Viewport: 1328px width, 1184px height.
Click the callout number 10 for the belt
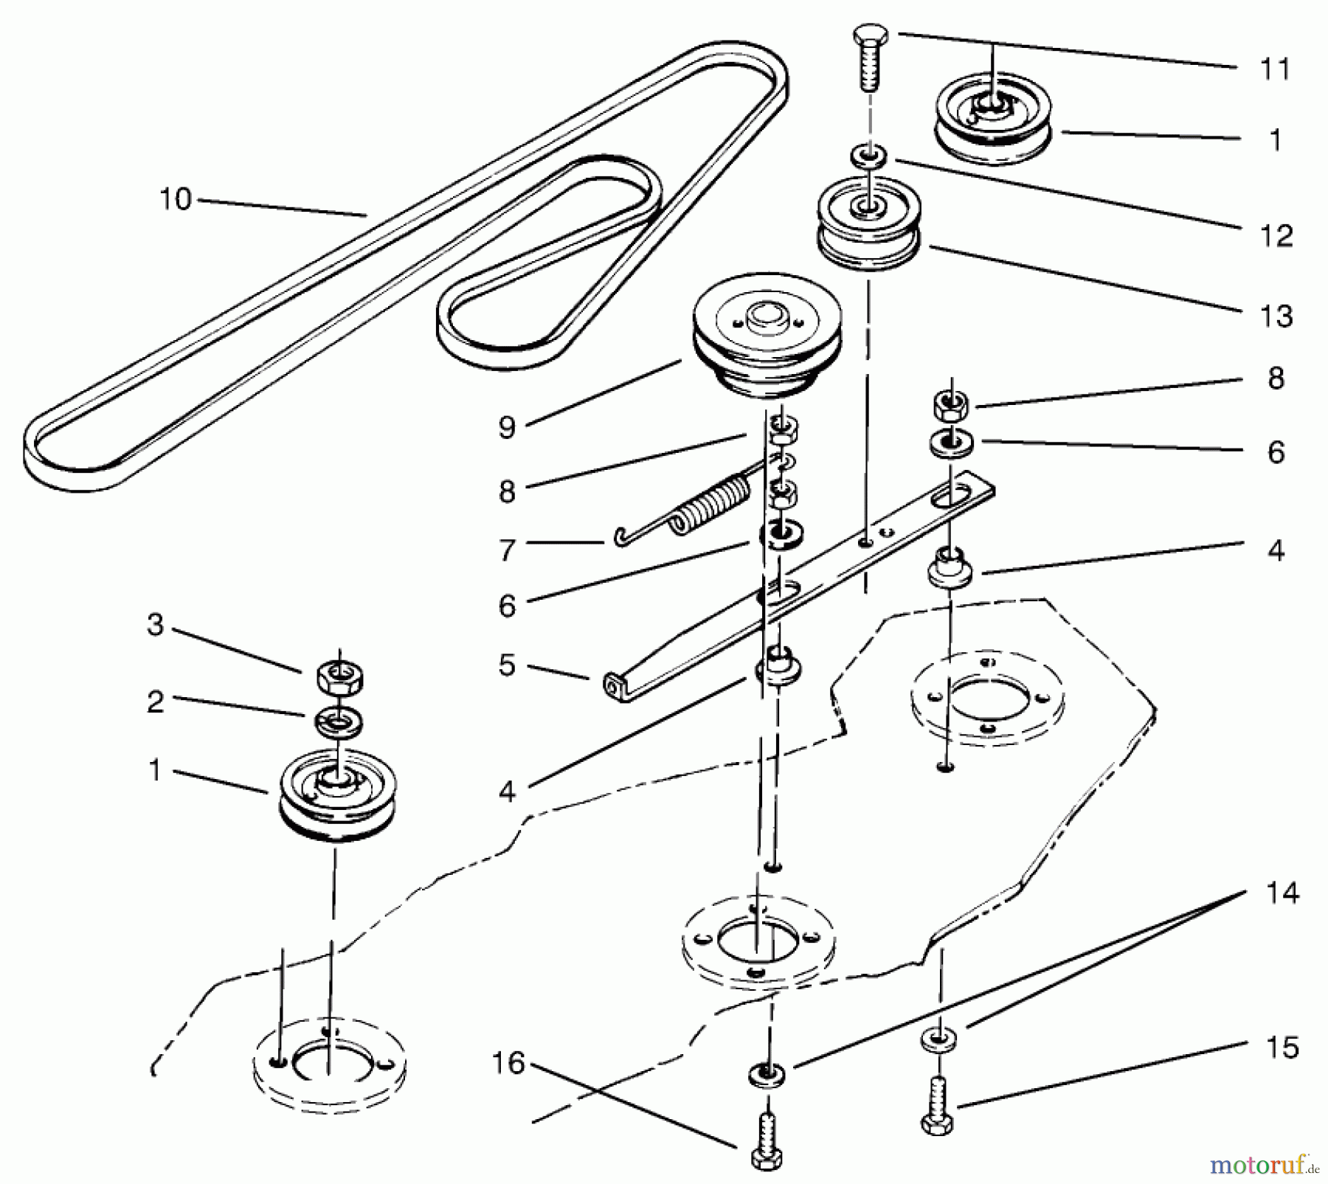pos(176,199)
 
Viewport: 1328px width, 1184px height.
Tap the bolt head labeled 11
pos(871,36)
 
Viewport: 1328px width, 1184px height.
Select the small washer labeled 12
pos(870,156)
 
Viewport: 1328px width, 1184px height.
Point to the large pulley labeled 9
pos(767,343)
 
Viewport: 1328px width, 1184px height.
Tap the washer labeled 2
pos(338,721)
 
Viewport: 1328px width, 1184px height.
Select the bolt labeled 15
pos(938,1107)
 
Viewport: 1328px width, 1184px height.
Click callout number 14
pos(1282,893)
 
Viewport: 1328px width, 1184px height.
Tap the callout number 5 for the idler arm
pos(506,665)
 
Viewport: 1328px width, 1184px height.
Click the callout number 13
pos(1276,316)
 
